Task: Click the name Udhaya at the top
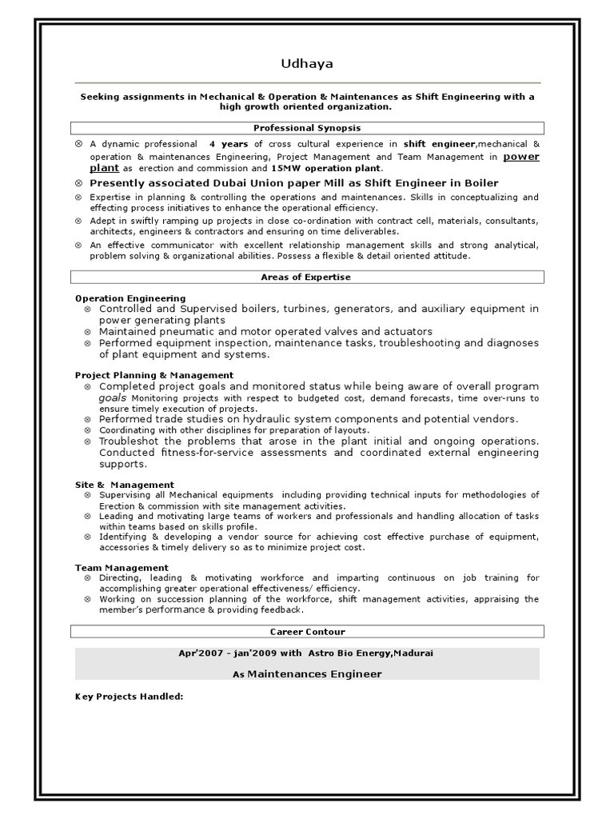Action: pos(307,64)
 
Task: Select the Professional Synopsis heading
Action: pos(307,128)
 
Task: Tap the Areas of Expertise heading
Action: pos(307,278)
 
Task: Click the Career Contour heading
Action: pos(307,632)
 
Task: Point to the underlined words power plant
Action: pos(520,157)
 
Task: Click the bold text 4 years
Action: pos(228,144)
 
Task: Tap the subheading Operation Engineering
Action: pos(130,298)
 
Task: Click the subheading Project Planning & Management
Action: pos(154,375)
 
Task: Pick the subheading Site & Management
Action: pos(125,485)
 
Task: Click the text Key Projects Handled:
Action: pos(130,697)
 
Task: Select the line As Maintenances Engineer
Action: pos(307,674)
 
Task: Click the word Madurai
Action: pos(414,653)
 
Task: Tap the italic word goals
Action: pos(113,398)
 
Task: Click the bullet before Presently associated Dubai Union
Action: pos(78,183)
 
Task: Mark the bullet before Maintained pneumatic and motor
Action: pos(87,331)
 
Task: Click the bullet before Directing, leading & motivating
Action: pos(87,577)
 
